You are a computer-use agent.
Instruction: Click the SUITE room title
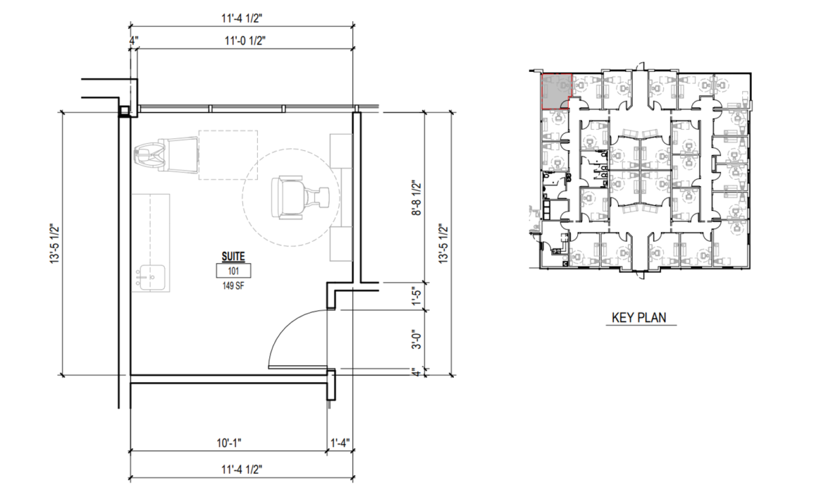pos(233,257)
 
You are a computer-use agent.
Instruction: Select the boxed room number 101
pos(233,271)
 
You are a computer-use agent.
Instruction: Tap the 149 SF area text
pos(233,286)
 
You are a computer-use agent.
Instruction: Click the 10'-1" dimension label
pos(229,443)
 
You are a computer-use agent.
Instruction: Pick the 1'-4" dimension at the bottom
pos(340,442)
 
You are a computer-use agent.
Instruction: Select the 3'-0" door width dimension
pos(416,339)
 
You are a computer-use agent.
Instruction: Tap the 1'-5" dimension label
pos(416,297)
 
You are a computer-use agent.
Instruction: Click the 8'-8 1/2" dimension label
pos(416,197)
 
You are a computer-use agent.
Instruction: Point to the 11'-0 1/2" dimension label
pos(246,41)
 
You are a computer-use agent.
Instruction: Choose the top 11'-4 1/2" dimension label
pos(242,18)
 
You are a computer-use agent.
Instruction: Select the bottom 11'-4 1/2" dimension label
pos(242,469)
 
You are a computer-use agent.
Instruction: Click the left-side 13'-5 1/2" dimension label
pos(54,244)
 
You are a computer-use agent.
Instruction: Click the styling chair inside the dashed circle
pos(300,197)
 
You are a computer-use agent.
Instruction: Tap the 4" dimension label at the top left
pos(134,41)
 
